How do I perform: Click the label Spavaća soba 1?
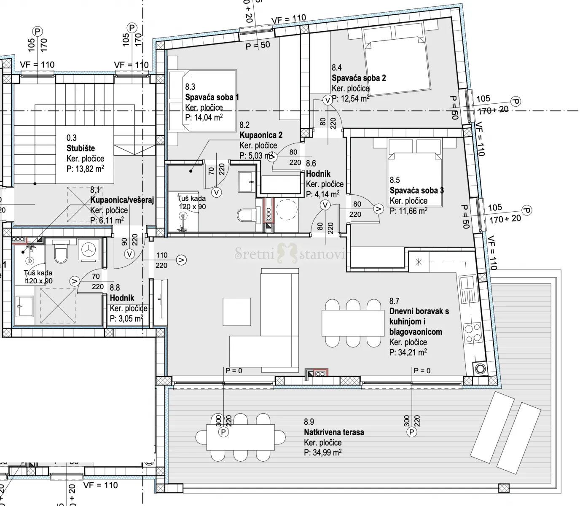212,97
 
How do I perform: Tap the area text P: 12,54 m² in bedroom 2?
351,99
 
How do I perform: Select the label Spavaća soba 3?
416,191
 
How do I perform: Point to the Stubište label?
81,148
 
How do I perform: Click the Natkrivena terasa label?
334,432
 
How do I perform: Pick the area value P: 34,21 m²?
408,353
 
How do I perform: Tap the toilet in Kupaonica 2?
244,215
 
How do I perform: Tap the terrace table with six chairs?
240,437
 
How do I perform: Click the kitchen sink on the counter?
468,287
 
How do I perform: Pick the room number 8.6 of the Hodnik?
311,164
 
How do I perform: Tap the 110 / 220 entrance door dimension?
161,260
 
